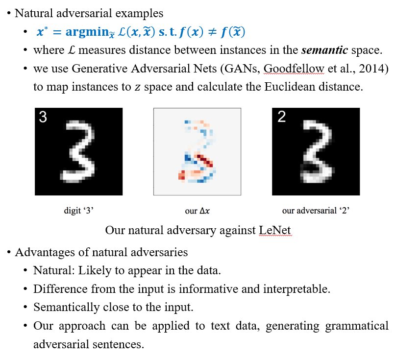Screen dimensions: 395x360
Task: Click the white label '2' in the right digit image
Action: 281,118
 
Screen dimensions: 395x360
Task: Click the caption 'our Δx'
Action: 197,211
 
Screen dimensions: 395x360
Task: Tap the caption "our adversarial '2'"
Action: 315,211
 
